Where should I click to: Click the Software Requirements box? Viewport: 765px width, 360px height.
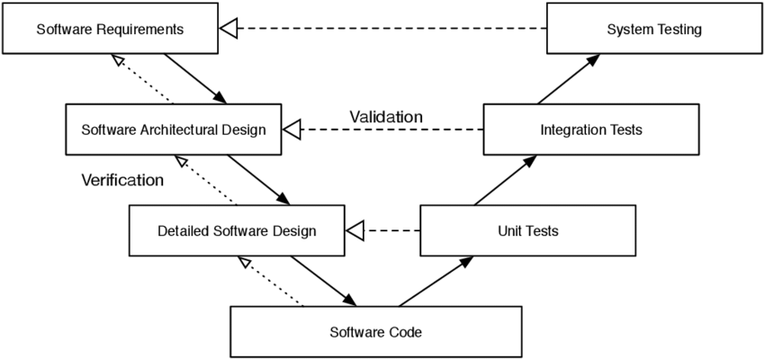(x=111, y=30)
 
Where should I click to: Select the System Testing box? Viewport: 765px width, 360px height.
(x=653, y=30)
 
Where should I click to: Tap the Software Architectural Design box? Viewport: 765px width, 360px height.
(x=174, y=130)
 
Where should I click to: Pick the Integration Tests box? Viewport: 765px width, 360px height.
(x=590, y=130)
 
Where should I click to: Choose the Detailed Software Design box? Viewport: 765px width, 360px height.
(x=237, y=230)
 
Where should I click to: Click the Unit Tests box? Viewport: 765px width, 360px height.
(x=527, y=230)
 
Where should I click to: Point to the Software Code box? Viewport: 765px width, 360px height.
(x=375, y=331)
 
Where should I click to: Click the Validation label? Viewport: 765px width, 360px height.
(x=385, y=117)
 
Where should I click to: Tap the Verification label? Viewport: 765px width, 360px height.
(x=122, y=180)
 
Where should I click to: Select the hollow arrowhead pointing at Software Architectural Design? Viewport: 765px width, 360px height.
(x=292, y=130)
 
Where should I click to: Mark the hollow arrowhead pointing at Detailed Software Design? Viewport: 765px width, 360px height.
(x=355, y=230)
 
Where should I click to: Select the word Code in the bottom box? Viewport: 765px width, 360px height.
(x=405, y=331)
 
